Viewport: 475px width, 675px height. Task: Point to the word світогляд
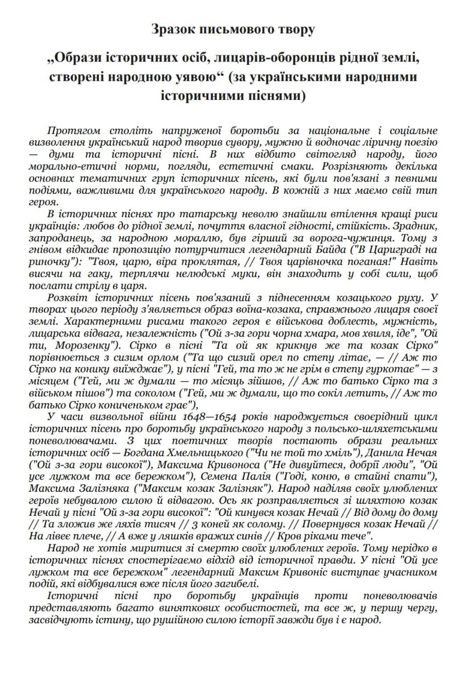pos(332,154)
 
